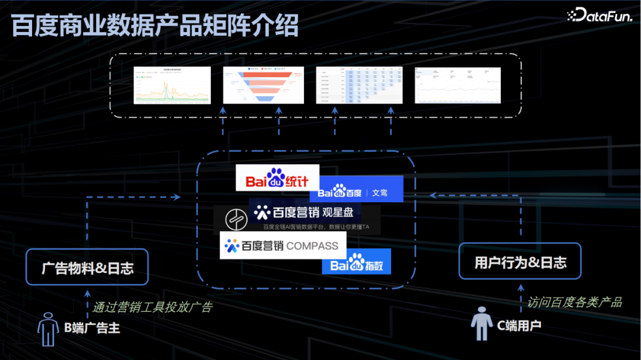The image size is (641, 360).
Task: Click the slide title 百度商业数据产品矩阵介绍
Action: (155, 26)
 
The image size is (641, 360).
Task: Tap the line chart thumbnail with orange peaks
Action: (172, 85)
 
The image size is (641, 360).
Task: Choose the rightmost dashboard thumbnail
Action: (458, 85)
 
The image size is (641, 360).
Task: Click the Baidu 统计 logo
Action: (277, 178)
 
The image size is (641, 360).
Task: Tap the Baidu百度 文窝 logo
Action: (356, 190)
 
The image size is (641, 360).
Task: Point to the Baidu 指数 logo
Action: (357, 264)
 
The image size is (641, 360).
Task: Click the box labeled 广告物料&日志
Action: (87, 267)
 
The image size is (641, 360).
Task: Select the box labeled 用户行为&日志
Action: (520, 262)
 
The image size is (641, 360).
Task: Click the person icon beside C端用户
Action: (482, 324)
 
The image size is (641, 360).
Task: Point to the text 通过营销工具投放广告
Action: (152, 307)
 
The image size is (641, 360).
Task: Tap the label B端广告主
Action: (93, 327)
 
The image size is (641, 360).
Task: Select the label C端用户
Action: (519, 325)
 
